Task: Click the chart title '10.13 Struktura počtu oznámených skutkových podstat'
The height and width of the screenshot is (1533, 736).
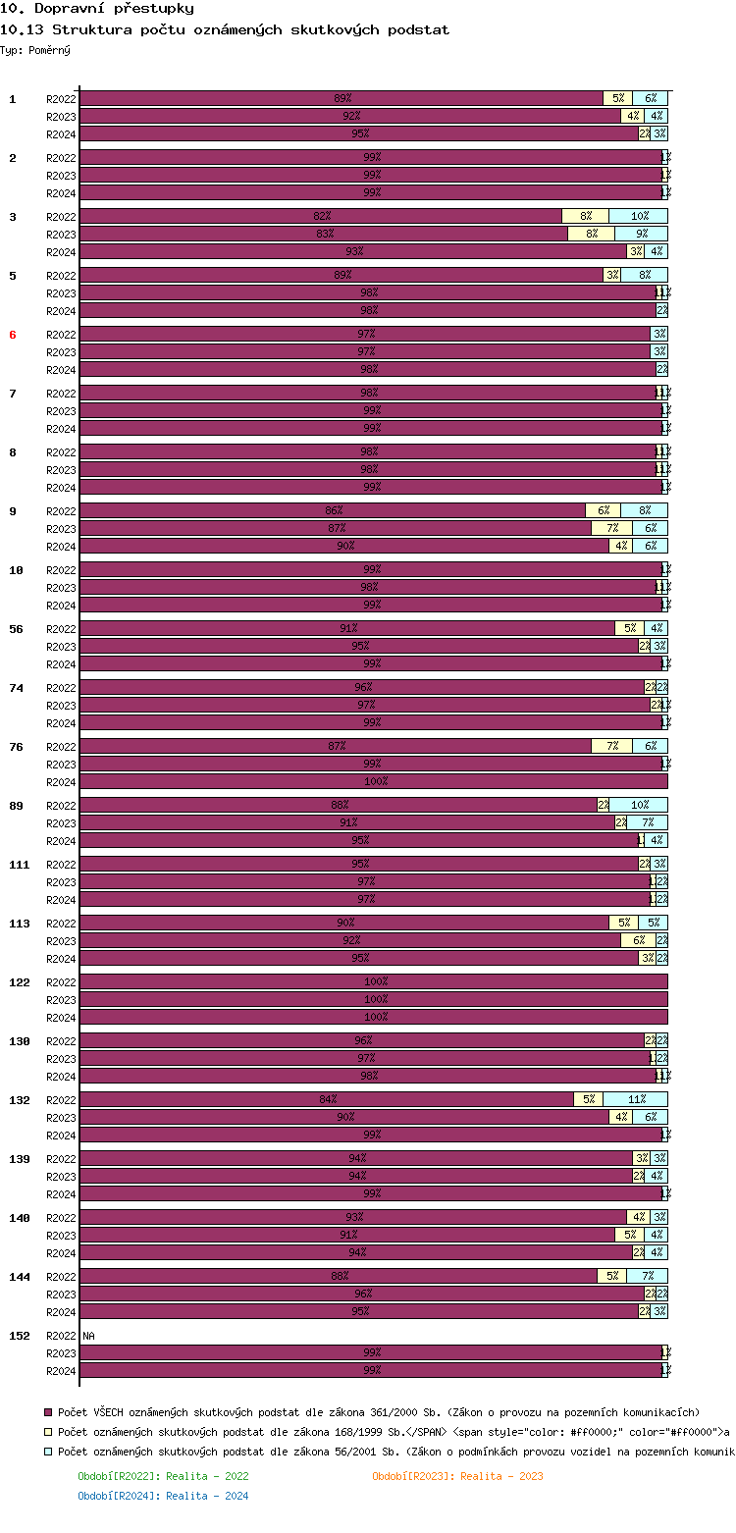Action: pos(225,29)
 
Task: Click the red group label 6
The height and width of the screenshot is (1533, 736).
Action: pos(13,335)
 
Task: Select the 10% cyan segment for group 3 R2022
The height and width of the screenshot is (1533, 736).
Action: pos(639,216)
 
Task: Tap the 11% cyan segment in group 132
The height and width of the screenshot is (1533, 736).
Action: pos(635,1099)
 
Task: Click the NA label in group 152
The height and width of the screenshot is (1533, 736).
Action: pos(89,1336)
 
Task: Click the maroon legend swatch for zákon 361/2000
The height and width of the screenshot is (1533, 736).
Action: pos(48,1412)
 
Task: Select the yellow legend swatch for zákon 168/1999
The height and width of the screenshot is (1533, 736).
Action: pos(48,1432)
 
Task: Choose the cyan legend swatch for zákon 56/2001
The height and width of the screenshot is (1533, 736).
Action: pos(48,1452)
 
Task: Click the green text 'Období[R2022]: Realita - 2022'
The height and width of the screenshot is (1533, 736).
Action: pos(163,1476)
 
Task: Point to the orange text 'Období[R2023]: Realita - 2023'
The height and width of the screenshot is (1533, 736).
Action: pos(457,1476)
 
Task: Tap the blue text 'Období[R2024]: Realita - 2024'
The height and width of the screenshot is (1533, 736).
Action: pos(163,1496)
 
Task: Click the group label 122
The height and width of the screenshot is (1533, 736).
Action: pos(19,982)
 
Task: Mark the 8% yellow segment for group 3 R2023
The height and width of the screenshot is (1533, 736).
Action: pos(591,234)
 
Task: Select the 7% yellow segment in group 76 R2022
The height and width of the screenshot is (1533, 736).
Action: pos(611,746)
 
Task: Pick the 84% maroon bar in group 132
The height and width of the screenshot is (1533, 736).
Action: pos(327,1099)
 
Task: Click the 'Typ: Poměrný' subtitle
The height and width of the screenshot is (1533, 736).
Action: pos(35,50)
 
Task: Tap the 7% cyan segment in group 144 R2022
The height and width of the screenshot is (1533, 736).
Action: pos(648,1276)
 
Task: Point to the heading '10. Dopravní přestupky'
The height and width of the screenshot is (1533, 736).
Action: pos(97,9)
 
